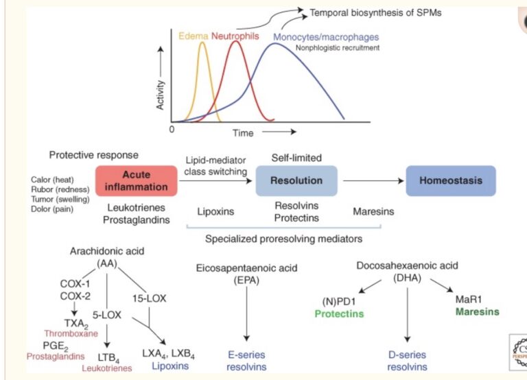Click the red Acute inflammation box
click(x=136, y=181)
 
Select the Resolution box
click(x=297, y=181)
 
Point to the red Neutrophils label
click(x=235, y=36)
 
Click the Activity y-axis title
click(x=161, y=94)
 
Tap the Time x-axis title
click(x=242, y=132)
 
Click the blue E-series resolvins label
click(x=246, y=361)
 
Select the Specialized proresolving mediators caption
click(x=283, y=239)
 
